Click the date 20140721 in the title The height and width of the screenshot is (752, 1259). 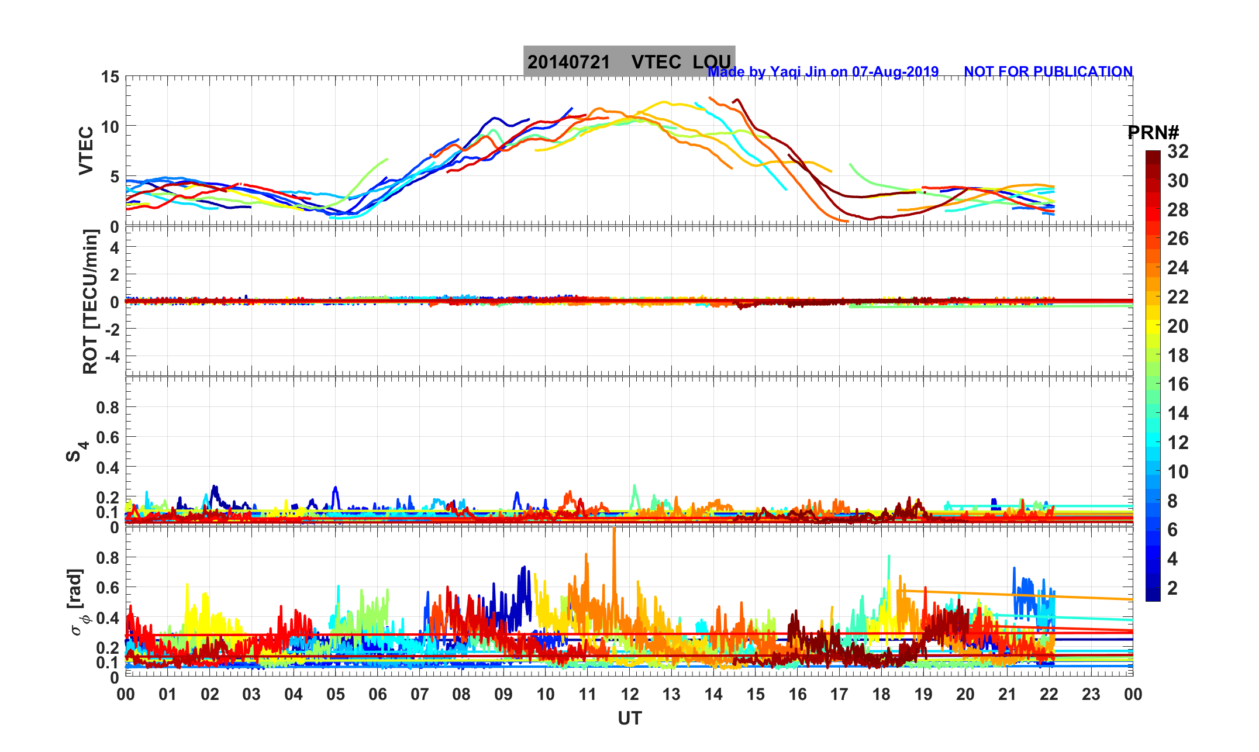click(568, 62)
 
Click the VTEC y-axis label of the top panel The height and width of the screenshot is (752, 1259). click(86, 150)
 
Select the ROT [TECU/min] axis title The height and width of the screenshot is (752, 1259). click(91, 301)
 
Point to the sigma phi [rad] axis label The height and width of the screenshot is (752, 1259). click(78, 602)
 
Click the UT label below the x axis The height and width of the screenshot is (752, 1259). click(630, 719)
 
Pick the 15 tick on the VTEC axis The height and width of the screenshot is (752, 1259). click(110, 77)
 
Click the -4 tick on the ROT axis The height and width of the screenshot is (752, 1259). click(111, 356)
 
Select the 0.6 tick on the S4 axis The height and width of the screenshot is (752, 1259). click(108, 437)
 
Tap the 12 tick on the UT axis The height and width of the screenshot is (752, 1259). click(630, 695)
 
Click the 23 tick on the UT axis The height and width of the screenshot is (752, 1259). click(1091, 695)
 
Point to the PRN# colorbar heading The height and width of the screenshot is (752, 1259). click(1153, 133)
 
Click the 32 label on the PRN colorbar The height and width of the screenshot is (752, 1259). click(1178, 152)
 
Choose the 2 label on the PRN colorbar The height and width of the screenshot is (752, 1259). click(1172, 588)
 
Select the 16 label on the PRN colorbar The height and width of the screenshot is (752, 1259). click(1178, 384)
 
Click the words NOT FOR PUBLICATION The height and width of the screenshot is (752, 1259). click(1048, 72)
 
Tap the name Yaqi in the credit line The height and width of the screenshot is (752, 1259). click(785, 72)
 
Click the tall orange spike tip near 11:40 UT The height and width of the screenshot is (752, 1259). click(614, 529)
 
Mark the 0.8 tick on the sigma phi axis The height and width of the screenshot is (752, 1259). click(108, 557)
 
